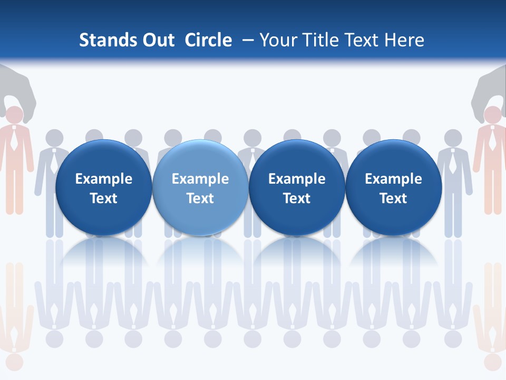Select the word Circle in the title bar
point(208,40)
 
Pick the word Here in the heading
point(405,40)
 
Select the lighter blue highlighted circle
point(200,187)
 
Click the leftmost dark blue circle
point(103,187)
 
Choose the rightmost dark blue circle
point(394,187)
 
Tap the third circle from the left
point(297,187)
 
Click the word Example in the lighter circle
point(200,179)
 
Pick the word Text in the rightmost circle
point(393,198)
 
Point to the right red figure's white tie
point(492,140)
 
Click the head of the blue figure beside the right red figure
point(453,138)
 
